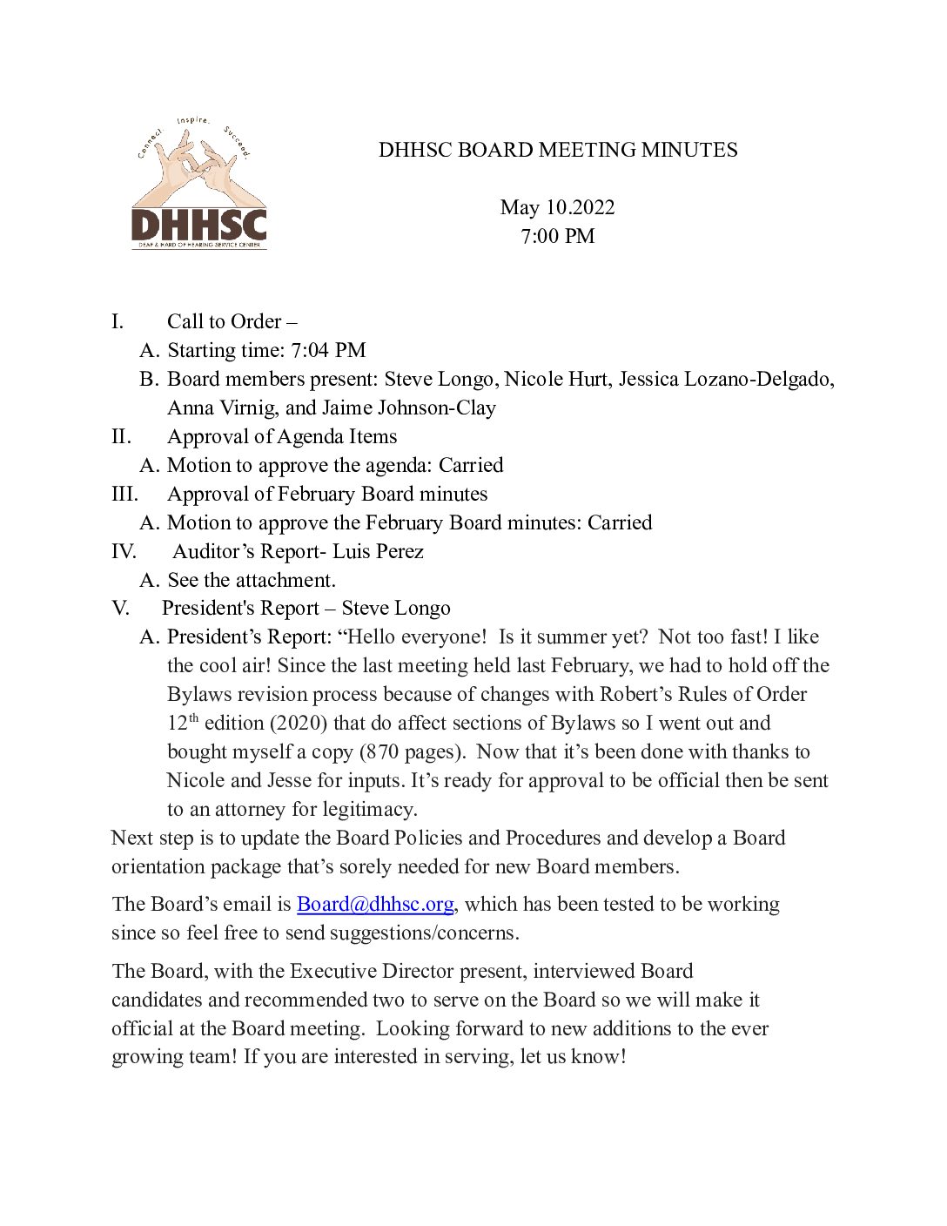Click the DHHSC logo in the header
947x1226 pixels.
tap(198, 185)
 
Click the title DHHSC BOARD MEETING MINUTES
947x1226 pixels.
tap(557, 151)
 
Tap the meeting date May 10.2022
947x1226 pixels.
tap(557, 207)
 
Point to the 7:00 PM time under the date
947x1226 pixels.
tap(557, 236)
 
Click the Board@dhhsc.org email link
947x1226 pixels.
tap(375, 904)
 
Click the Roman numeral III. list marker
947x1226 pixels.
tap(124, 494)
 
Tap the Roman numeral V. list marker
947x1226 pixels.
tap(120, 608)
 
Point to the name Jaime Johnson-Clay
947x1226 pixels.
tap(409, 408)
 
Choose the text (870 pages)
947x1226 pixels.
tap(412, 751)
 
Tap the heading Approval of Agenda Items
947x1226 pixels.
tap(282, 436)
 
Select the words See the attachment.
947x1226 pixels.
tap(252, 580)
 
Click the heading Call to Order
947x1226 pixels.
tap(225, 321)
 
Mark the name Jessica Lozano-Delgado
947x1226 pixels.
tap(726, 379)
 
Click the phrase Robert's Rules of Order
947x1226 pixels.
tap(703, 694)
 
